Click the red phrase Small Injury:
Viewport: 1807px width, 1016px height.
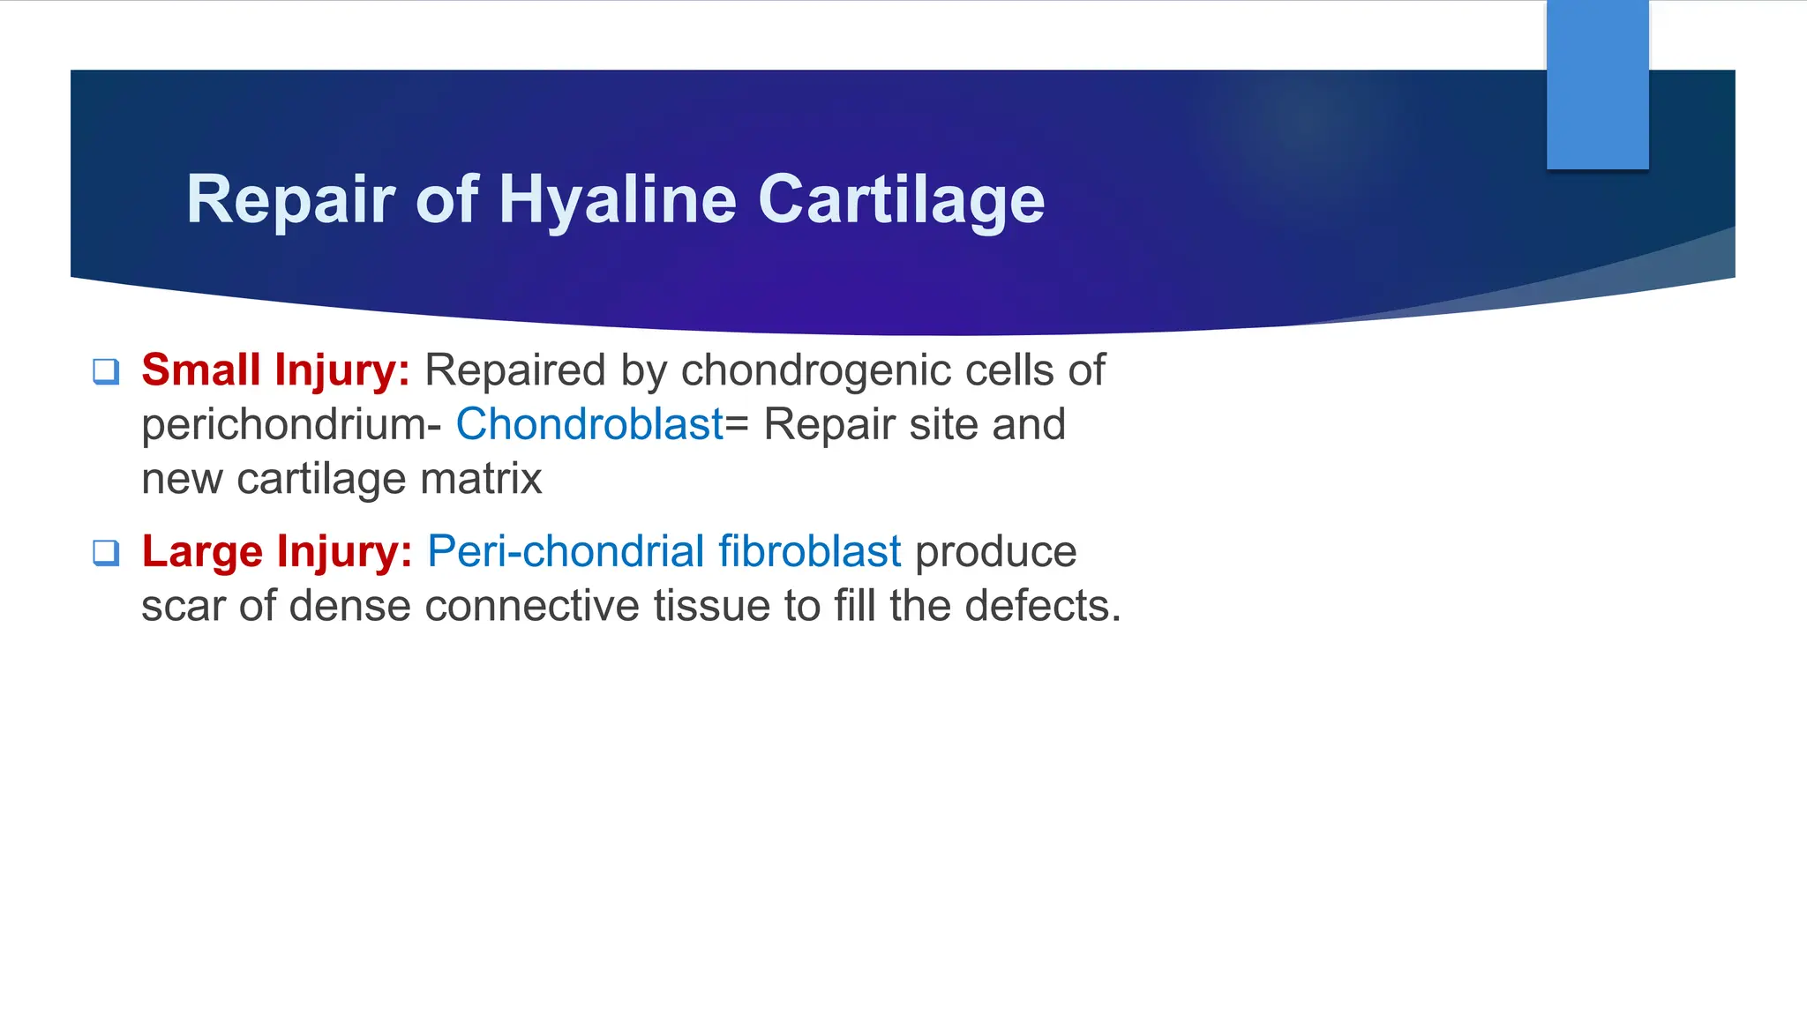click(x=275, y=370)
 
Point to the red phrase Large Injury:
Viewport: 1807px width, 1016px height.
click(x=276, y=552)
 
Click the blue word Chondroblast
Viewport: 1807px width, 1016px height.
click(x=589, y=425)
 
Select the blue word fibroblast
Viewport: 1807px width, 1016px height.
click(x=809, y=552)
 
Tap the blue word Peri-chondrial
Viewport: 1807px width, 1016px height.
click(x=565, y=552)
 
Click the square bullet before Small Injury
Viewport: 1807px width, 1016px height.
click(x=106, y=371)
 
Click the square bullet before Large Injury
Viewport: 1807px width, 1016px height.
click(x=106, y=553)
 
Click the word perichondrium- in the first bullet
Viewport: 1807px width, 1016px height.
click(x=291, y=425)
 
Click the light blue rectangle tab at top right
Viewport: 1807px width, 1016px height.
click(x=1597, y=85)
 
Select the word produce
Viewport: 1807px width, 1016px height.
click(x=996, y=552)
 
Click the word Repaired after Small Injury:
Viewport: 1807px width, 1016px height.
click(x=514, y=370)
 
